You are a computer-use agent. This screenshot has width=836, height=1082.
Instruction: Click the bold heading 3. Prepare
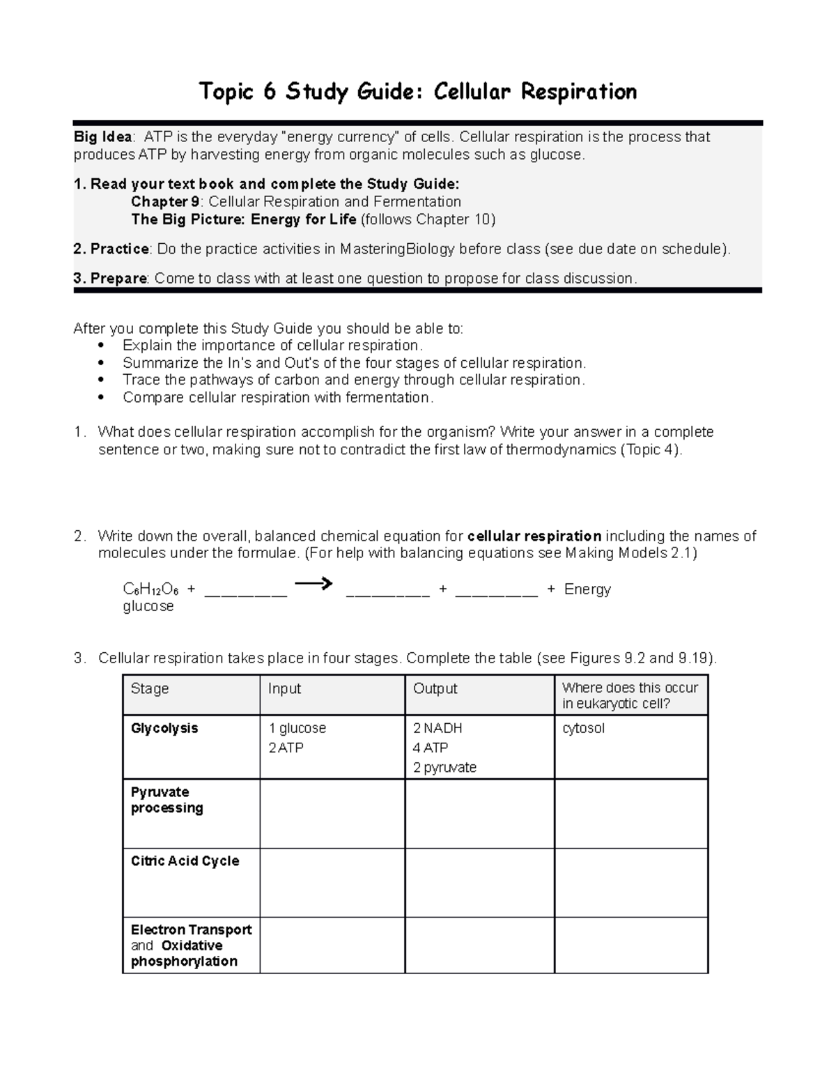110,279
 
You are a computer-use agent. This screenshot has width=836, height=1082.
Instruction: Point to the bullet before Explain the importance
102,346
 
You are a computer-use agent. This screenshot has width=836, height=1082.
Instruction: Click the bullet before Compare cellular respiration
102,398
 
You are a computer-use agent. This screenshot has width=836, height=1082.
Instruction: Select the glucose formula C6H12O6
150,589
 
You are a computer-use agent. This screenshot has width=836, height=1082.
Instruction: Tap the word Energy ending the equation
587,589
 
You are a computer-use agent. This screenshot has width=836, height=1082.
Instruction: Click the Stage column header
150,689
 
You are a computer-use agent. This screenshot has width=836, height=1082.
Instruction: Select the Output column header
435,689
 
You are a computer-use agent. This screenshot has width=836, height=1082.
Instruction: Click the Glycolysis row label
164,729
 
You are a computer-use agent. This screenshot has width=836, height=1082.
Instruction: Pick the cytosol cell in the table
583,729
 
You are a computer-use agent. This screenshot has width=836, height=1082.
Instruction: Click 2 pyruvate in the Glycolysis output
444,768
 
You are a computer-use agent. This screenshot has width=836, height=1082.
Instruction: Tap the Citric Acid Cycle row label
185,861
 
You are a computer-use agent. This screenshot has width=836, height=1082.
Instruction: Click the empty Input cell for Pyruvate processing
332,813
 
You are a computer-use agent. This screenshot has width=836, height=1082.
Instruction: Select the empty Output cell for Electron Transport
479,945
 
